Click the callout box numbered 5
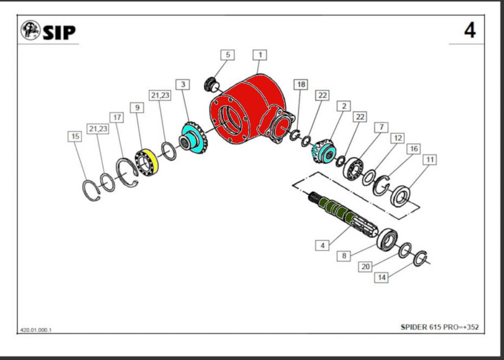click(x=227, y=55)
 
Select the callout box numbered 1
click(x=260, y=54)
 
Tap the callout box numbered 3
click(x=183, y=85)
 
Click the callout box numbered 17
click(x=117, y=118)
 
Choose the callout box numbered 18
click(x=301, y=85)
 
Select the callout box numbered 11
click(x=430, y=160)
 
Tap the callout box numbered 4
click(x=323, y=245)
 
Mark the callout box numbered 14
click(x=381, y=278)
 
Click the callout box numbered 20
click(x=365, y=267)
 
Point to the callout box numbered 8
click(x=344, y=256)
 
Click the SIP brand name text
click(x=59, y=32)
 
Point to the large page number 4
click(x=470, y=30)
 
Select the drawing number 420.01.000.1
click(x=36, y=330)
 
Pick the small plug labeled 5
click(x=212, y=84)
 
